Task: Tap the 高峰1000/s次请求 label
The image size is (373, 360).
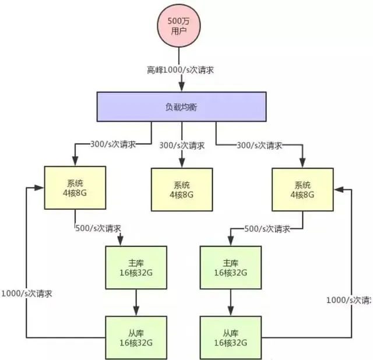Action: [181, 70]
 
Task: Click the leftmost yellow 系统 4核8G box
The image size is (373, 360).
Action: [75, 188]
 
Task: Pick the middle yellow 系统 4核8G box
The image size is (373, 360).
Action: [182, 189]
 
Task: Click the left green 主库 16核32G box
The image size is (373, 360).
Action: [136, 267]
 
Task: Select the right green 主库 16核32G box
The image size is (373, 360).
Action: [230, 267]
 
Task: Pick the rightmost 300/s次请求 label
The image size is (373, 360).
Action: [261, 144]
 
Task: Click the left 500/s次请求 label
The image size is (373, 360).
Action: [100, 228]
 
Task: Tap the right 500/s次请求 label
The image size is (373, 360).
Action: [269, 228]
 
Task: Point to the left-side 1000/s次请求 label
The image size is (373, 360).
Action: [27, 294]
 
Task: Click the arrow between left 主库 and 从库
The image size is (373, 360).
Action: [136, 302]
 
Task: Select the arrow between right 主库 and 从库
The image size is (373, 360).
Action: [230, 302]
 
